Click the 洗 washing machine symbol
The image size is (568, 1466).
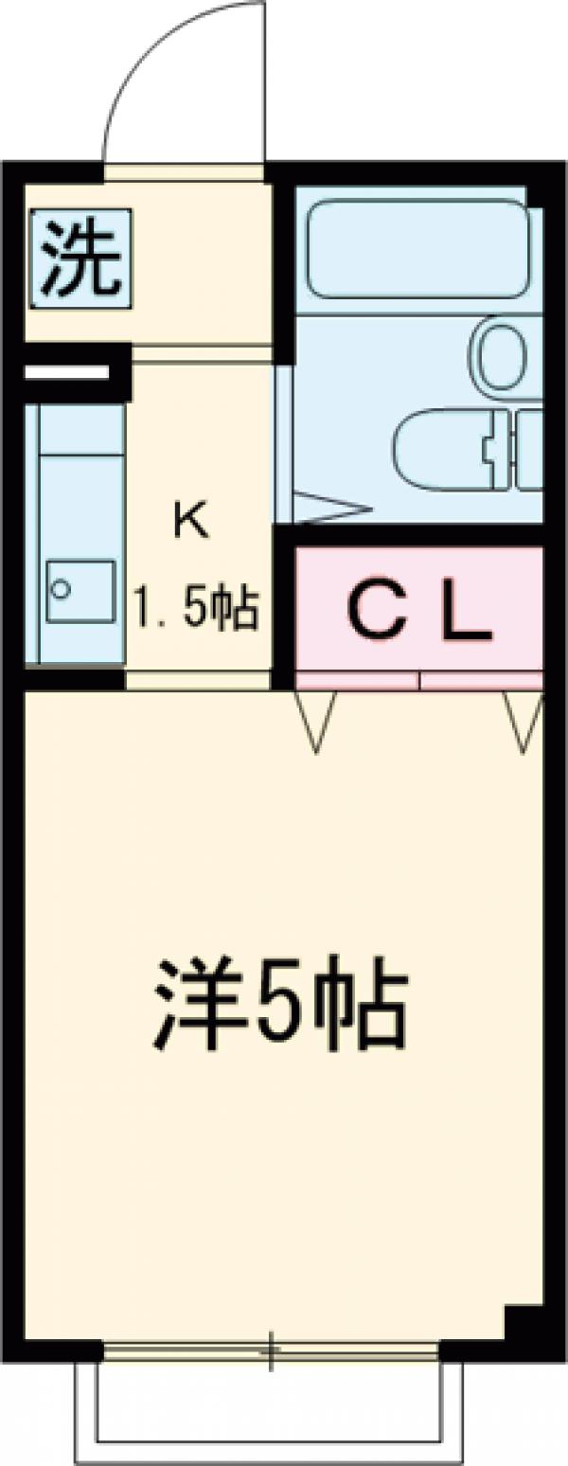[80, 259]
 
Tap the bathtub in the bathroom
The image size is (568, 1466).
[417, 249]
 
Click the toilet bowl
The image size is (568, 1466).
[445, 449]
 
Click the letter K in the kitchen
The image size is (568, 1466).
[188, 520]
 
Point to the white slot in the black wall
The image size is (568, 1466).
[66, 372]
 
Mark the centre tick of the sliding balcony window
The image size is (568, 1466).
[271, 1350]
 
